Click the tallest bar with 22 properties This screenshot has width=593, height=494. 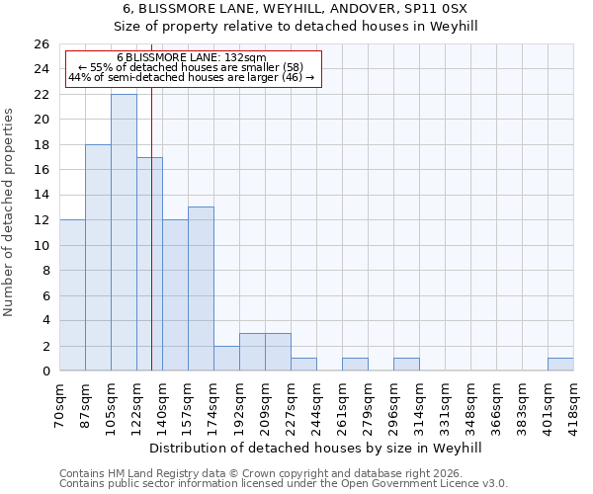[x=124, y=232]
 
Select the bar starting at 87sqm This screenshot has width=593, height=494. [x=98, y=257]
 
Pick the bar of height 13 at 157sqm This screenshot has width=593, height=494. [x=201, y=288]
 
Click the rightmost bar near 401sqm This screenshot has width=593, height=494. [x=560, y=365]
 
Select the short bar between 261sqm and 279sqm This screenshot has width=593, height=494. [x=355, y=365]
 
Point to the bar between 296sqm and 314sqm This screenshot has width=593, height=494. [x=406, y=365]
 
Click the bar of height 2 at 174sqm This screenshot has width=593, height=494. [x=226, y=359]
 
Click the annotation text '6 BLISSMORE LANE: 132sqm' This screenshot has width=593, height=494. [x=192, y=58]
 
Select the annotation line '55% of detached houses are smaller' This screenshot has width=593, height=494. [x=192, y=68]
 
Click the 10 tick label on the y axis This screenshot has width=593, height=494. [x=42, y=245]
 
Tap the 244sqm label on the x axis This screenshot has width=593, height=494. [x=317, y=404]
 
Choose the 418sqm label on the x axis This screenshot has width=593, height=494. [x=574, y=404]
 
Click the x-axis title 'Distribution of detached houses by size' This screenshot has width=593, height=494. [x=316, y=448]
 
